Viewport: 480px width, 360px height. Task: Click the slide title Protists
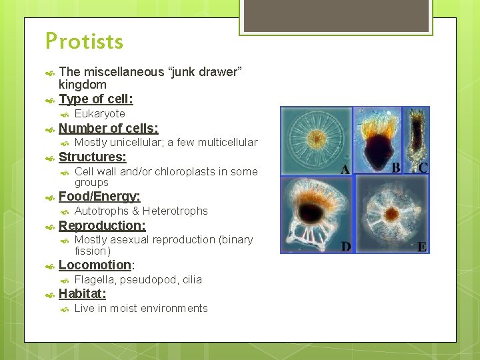click(x=85, y=42)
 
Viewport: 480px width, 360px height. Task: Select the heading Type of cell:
click(x=95, y=99)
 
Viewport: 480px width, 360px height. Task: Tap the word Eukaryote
click(x=99, y=114)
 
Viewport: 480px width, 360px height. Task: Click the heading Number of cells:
click(x=108, y=128)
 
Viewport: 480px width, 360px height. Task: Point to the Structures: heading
click(x=92, y=157)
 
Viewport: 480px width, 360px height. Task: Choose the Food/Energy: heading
click(x=99, y=196)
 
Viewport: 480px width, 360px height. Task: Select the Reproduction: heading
click(x=102, y=225)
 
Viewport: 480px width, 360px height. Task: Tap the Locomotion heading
click(x=95, y=265)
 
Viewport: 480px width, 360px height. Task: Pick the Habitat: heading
click(x=83, y=293)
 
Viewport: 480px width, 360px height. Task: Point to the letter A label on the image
click(x=345, y=169)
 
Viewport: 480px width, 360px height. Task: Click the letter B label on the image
click(x=395, y=168)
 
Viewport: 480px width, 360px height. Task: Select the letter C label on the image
click(x=423, y=168)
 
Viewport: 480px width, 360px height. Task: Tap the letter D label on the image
click(x=345, y=247)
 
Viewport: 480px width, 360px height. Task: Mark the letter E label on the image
click(x=421, y=247)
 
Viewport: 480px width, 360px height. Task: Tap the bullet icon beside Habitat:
click(x=49, y=294)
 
